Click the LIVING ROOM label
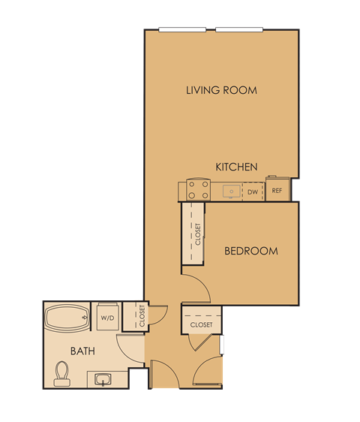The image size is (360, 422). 221,90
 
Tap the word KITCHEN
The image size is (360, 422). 236,167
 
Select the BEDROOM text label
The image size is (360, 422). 251,251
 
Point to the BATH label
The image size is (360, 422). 82,351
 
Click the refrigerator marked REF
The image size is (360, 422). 277,191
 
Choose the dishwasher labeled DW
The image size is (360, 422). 253,191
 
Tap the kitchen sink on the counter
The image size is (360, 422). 232,191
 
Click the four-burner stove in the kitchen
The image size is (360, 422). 199,191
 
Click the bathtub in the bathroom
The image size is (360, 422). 67,318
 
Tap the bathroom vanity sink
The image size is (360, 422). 102,379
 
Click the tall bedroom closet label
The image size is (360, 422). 197,234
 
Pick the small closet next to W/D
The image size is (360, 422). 140,315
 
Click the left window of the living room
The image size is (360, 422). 182,29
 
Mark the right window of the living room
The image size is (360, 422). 239,29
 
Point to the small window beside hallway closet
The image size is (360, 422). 222,345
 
